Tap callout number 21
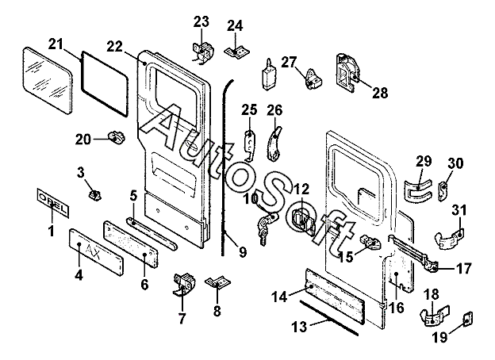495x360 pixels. (55, 42)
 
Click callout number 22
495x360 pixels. (114, 47)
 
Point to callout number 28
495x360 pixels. (379, 93)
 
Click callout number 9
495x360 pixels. (241, 253)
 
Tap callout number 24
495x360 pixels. (234, 25)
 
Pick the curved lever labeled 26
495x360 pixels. (274, 140)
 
